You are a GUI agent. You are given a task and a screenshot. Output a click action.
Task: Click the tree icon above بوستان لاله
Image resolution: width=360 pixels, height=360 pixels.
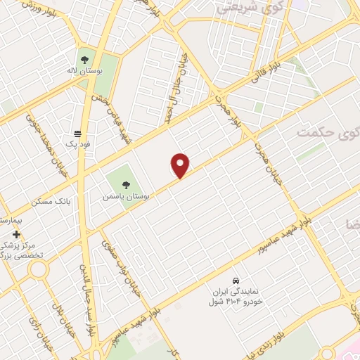tap(84, 60)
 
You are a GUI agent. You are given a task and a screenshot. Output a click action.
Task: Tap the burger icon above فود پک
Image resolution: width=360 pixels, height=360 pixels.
tap(78, 133)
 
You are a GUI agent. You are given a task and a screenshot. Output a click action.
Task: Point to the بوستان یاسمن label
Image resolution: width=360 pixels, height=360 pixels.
tap(126, 195)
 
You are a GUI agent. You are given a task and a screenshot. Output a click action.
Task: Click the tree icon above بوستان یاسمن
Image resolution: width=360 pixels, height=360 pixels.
tap(126, 184)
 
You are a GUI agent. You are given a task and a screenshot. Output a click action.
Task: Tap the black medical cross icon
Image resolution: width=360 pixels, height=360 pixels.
tap(16, 234)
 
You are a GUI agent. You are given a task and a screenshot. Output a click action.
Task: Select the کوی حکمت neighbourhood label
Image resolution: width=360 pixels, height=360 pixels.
tap(326, 131)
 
